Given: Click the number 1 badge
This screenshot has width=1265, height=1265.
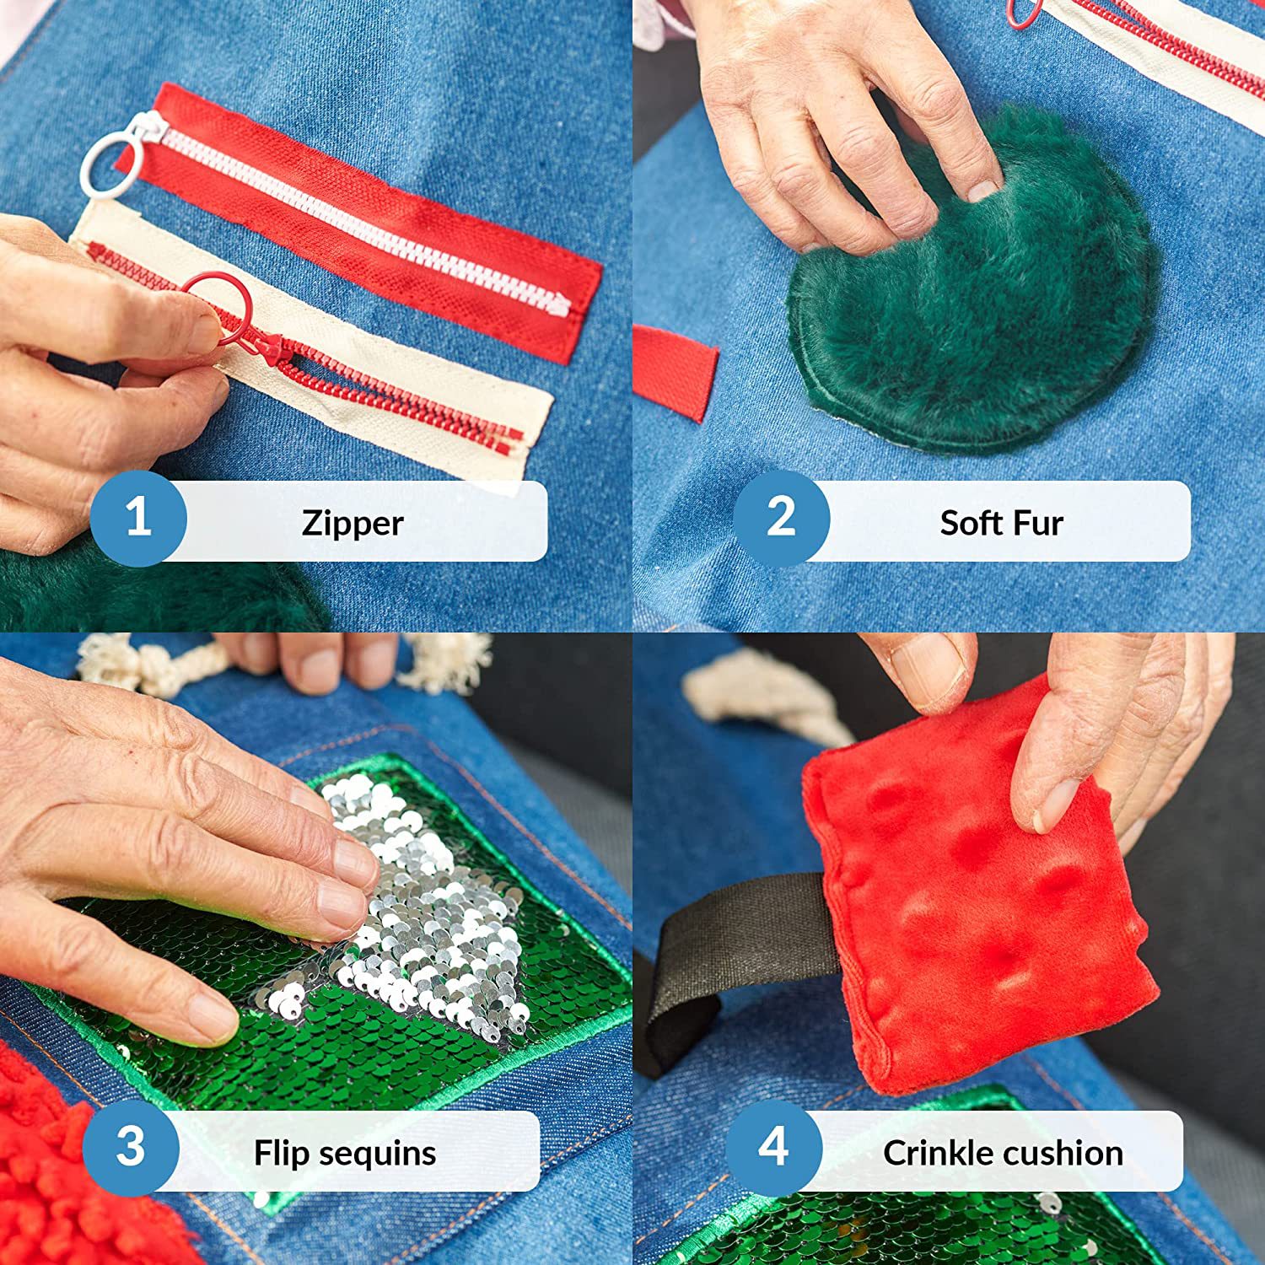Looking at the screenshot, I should (138, 518).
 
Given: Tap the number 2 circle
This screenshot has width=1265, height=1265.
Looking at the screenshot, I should (781, 518).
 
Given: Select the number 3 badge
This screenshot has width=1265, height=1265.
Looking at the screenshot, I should (131, 1148).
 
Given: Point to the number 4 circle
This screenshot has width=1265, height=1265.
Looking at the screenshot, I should (773, 1148).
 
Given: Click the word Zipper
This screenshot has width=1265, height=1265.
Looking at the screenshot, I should (353, 524).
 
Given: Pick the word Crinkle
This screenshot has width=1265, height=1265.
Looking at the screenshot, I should (936, 1153).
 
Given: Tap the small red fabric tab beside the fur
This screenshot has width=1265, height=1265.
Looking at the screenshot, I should (675, 371).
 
